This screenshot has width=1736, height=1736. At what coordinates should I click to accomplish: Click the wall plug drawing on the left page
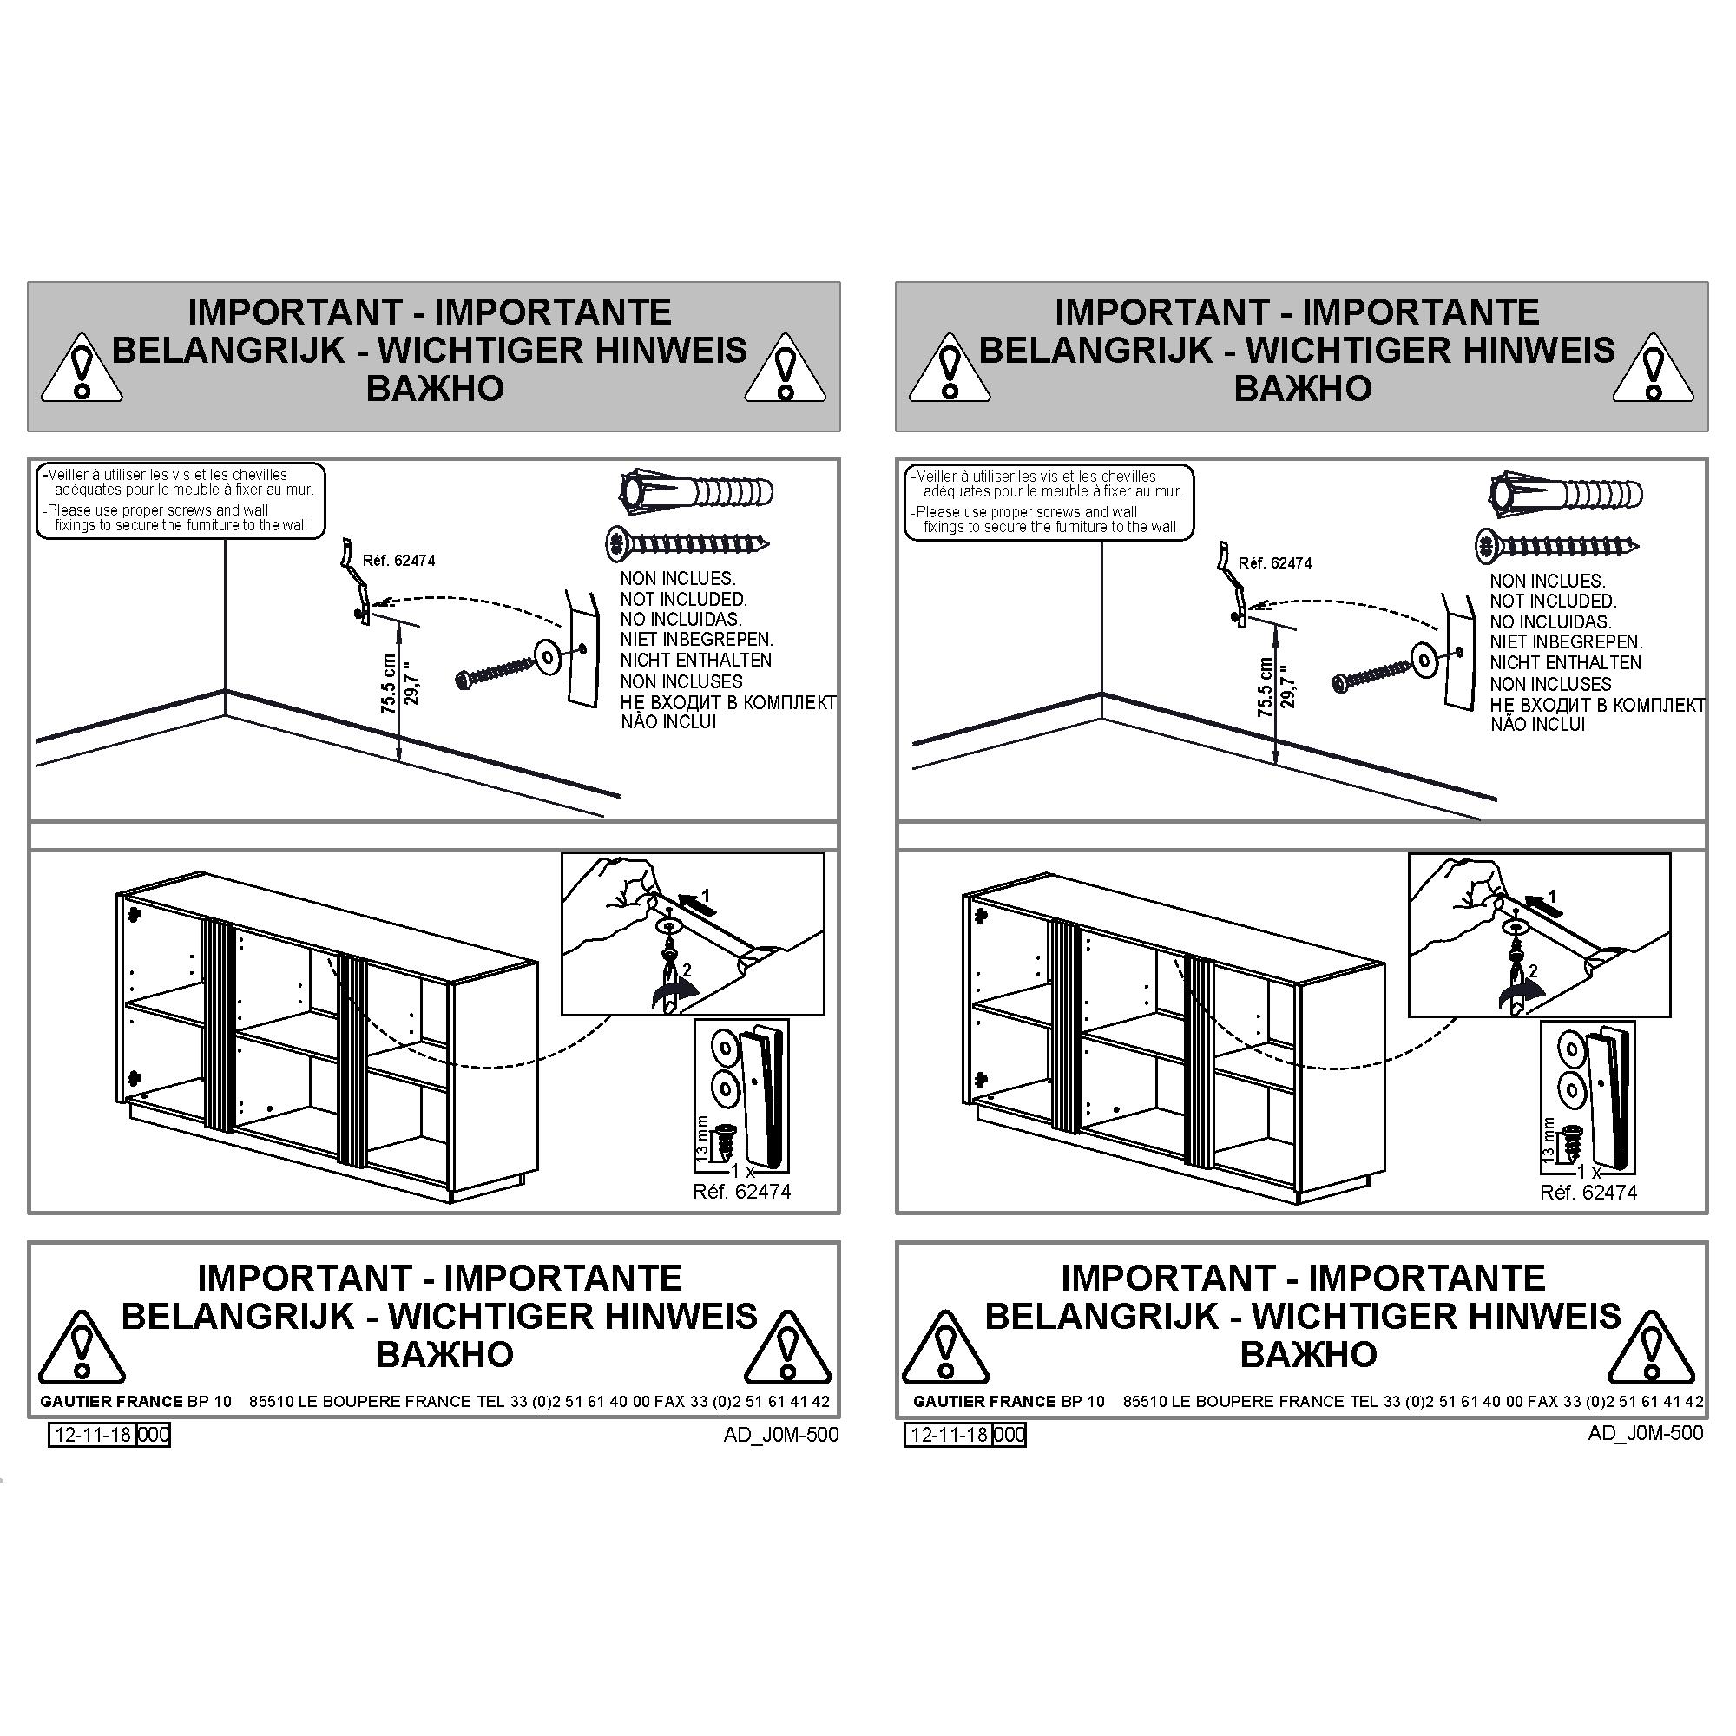click(x=696, y=491)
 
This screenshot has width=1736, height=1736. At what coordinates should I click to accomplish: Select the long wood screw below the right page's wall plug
click(x=1557, y=544)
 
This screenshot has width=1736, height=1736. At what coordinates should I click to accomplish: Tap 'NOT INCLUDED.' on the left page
click(x=683, y=599)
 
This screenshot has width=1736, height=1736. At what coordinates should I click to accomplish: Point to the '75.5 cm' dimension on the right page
click(x=1266, y=687)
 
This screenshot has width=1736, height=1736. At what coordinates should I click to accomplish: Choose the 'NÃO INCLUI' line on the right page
click(x=1537, y=724)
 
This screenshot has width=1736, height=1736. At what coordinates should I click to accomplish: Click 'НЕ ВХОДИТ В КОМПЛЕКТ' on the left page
click(x=728, y=701)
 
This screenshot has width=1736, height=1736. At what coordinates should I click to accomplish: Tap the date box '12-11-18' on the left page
click(x=93, y=1434)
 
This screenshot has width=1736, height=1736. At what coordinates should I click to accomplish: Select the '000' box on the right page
click(x=1009, y=1434)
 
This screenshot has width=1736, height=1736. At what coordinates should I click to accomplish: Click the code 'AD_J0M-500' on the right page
click(x=1645, y=1432)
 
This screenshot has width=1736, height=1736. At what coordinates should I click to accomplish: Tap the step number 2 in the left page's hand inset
click(x=687, y=970)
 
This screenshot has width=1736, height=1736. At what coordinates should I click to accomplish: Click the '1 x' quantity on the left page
click(x=742, y=1172)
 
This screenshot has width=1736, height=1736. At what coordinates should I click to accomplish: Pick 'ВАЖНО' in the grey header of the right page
click(x=1303, y=388)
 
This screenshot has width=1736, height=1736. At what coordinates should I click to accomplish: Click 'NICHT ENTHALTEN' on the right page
click(x=1565, y=662)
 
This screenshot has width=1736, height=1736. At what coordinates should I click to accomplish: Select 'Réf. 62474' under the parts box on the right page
click(x=1588, y=1193)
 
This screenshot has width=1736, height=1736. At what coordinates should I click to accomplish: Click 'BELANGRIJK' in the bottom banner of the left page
click(x=238, y=1317)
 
